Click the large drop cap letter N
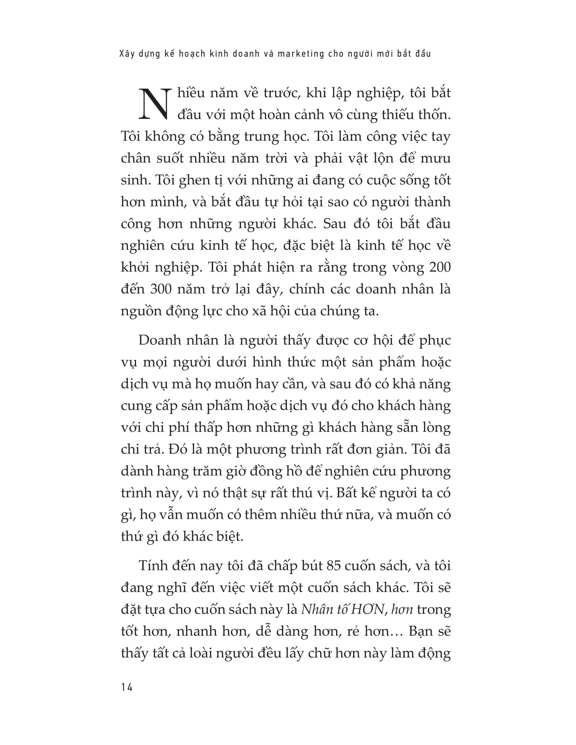[154, 104]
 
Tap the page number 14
[127, 687]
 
